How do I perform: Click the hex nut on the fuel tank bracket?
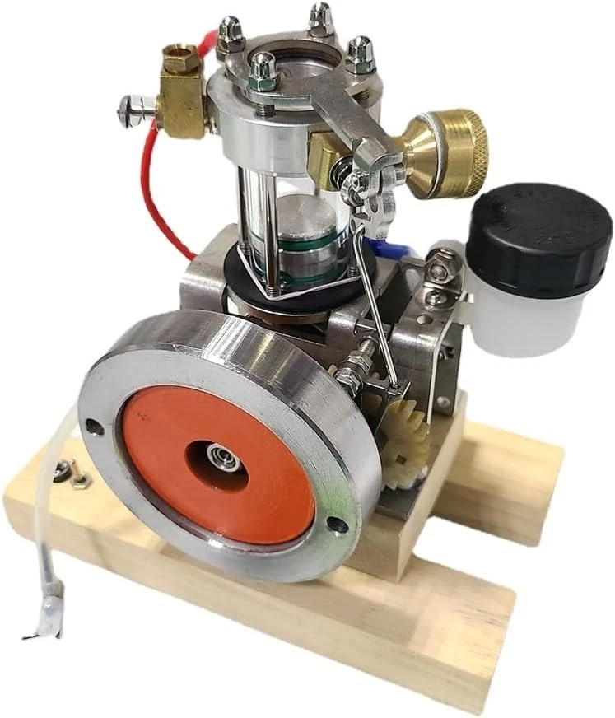pyautogui.click(x=437, y=264)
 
